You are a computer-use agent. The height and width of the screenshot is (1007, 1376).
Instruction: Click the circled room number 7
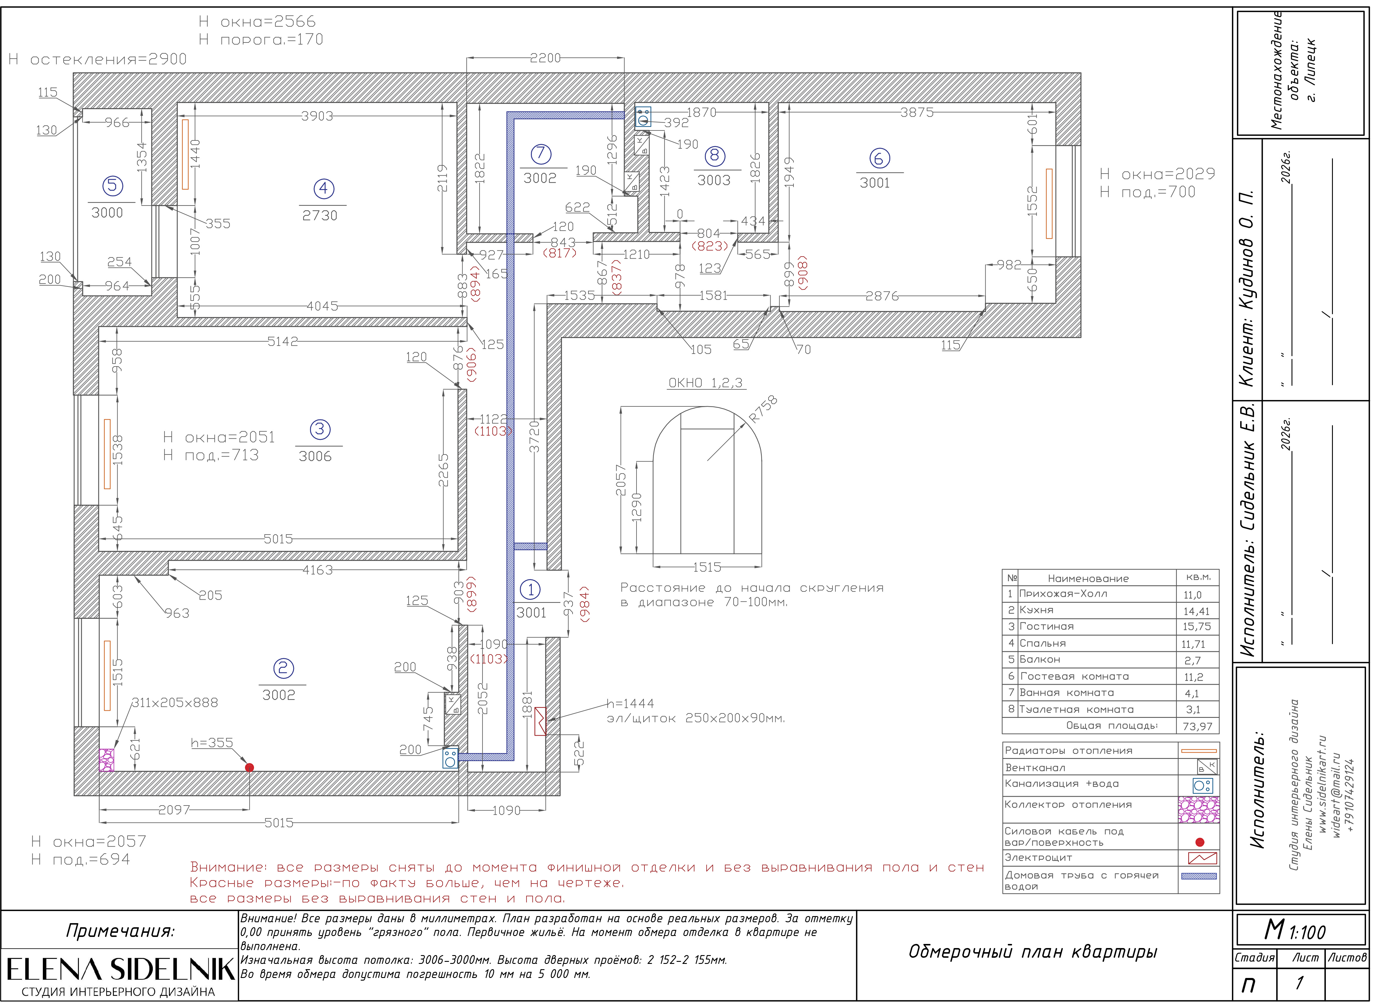point(541,154)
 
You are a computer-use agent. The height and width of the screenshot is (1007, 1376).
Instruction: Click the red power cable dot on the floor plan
point(249,767)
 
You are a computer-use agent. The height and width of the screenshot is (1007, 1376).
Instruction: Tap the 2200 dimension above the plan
point(545,58)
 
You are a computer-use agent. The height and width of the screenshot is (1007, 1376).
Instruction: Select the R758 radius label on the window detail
point(763,409)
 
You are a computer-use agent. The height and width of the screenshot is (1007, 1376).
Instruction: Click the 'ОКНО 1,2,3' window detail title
point(705,383)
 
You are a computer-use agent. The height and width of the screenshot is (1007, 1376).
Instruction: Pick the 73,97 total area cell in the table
point(1197,726)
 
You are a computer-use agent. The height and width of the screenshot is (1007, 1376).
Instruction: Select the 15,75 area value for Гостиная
point(1196,627)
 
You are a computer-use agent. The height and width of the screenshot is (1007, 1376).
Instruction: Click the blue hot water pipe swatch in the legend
point(1199,876)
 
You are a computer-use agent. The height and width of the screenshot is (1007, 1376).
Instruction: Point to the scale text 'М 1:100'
point(1294,931)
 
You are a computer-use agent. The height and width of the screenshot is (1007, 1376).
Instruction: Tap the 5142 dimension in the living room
point(283,341)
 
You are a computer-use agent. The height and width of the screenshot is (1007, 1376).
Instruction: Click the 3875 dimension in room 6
point(917,112)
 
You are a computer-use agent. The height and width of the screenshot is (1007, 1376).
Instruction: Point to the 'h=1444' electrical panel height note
point(630,703)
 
